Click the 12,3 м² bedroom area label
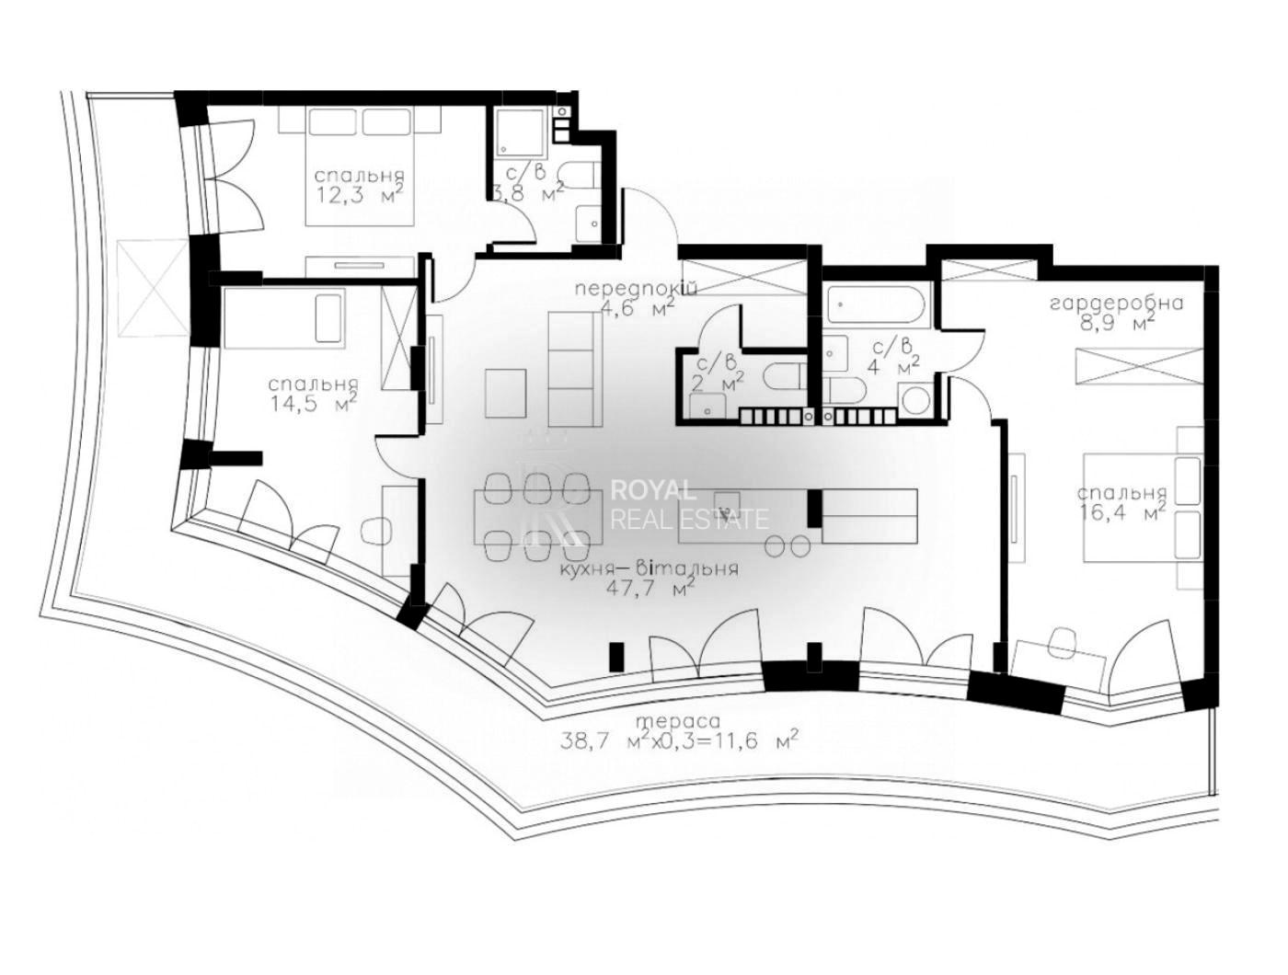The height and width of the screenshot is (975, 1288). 361,193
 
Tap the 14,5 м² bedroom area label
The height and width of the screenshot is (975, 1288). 314,403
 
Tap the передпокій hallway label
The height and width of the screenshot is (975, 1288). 636,289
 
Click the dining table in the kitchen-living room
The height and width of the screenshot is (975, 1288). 538,516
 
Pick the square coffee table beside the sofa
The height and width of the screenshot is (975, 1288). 505,393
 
